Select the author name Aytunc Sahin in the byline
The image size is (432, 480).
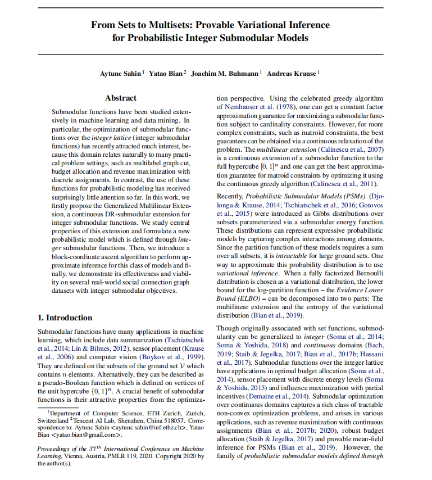coord(122,74)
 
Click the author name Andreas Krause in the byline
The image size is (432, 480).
coord(292,74)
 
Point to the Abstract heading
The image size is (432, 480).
coord(120,98)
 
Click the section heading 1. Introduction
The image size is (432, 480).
coord(65,318)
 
